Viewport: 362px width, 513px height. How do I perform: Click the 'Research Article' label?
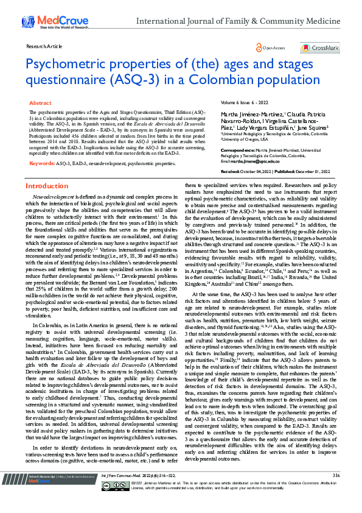(x=42, y=46)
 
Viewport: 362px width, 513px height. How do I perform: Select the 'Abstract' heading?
(x=40, y=104)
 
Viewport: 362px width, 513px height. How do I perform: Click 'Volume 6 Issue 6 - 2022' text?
(x=244, y=104)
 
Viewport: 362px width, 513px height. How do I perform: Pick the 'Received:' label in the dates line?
(x=232, y=172)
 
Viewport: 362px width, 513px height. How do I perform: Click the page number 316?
(x=336, y=492)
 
